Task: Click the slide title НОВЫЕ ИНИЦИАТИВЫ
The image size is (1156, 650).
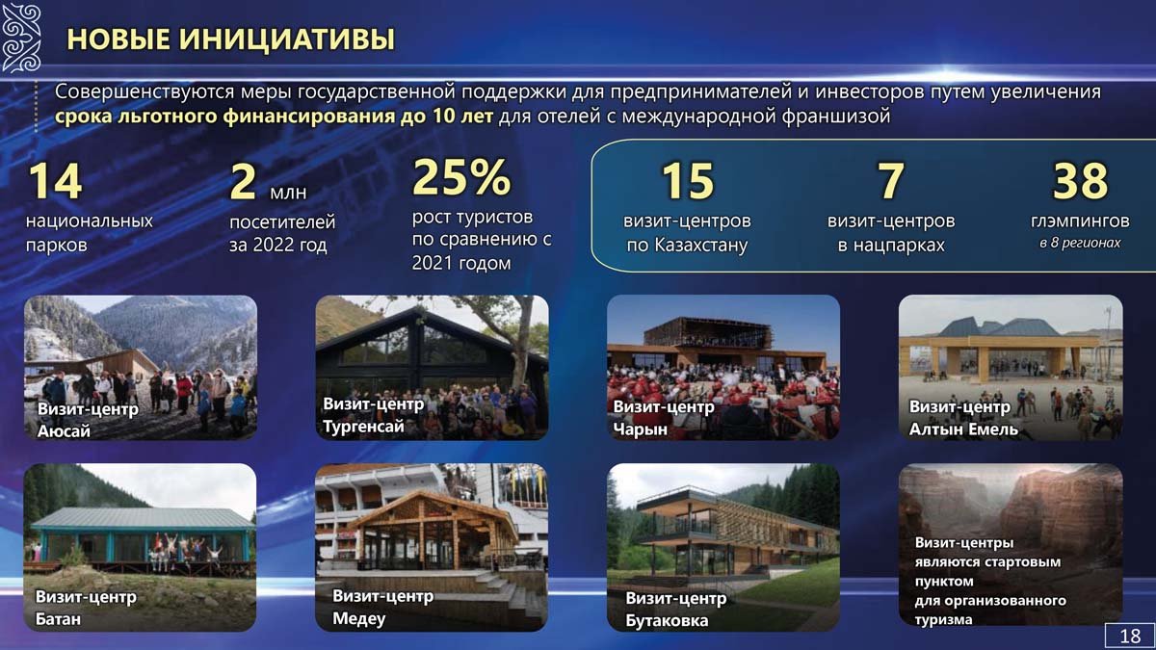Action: [x=230, y=39]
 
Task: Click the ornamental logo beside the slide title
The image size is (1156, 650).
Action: [x=20, y=38]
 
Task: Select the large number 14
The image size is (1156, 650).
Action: [x=55, y=181]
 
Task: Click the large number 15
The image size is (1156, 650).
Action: [x=688, y=181]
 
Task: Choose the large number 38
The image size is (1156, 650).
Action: [x=1080, y=181]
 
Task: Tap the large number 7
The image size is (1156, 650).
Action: [x=891, y=181]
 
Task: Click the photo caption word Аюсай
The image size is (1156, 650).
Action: [x=64, y=431]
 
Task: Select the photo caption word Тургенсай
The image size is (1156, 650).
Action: [x=363, y=427]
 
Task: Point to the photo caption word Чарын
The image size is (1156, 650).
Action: [x=640, y=429]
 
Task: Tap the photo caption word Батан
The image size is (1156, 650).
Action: [x=58, y=619]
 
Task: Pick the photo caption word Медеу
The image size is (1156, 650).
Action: [x=358, y=618]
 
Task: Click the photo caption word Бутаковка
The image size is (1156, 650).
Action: [x=667, y=620]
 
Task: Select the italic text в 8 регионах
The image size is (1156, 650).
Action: [x=1080, y=243]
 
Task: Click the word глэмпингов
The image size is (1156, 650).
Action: [x=1080, y=221]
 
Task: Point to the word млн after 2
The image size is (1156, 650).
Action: [x=288, y=193]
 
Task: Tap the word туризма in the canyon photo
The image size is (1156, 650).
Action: [x=943, y=619]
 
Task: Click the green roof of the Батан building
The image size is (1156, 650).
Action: [x=143, y=517]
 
